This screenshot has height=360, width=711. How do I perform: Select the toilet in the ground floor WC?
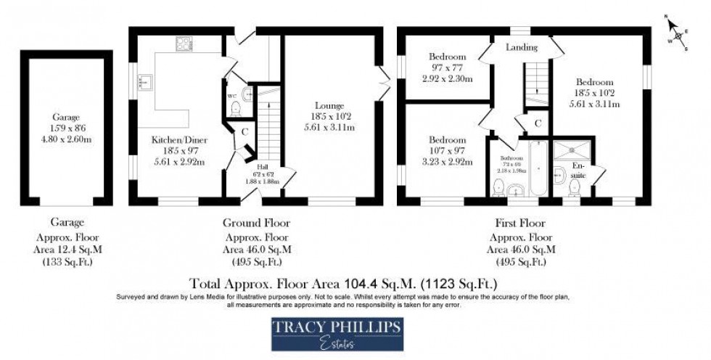point(234,109)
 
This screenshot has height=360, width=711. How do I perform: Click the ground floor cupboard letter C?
point(244,132)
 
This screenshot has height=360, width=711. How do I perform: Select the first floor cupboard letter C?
point(538,123)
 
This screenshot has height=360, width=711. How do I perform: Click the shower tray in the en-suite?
point(572,150)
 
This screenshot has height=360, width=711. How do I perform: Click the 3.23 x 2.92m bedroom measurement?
point(446,163)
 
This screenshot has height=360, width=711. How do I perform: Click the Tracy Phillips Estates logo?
point(337,333)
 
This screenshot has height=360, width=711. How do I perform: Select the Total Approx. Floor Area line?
point(343,282)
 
